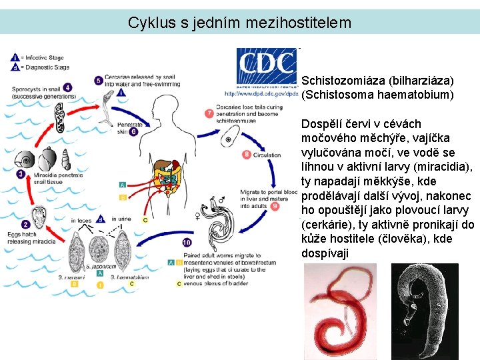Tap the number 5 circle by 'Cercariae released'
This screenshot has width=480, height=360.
(99, 81)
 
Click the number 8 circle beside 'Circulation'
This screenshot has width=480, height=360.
(247, 155)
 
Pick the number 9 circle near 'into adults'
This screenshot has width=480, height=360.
(275, 207)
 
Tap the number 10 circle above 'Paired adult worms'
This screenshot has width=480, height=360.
(187, 242)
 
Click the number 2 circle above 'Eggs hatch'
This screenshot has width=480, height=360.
(26, 225)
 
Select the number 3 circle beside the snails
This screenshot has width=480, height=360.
(21, 174)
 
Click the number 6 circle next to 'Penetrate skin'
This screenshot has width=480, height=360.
(133, 132)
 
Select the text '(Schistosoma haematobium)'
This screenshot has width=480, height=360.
(377, 95)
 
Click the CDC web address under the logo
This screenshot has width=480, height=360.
(262, 94)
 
